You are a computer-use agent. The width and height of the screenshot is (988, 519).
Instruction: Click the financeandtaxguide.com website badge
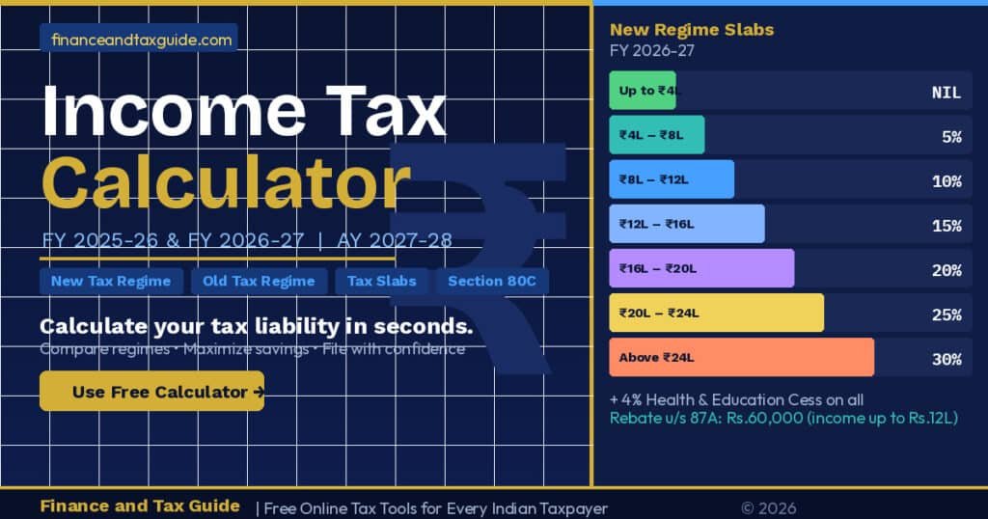point(138,40)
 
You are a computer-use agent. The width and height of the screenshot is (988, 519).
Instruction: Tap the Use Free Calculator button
point(151,392)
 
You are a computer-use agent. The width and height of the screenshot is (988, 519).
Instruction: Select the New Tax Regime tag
point(111,281)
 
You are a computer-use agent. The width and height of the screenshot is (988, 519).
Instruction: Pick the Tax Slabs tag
point(382,281)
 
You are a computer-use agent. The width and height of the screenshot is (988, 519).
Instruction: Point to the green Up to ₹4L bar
point(643,92)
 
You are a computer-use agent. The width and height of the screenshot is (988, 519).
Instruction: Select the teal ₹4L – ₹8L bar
point(656,136)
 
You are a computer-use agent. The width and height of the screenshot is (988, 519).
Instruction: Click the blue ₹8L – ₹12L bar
point(672,180)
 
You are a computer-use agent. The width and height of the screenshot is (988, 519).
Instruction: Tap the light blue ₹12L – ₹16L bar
point(686,225)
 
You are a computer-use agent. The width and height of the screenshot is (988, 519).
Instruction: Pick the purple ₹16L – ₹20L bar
point(701,269)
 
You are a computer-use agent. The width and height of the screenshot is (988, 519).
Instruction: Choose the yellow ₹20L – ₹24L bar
point(716,314)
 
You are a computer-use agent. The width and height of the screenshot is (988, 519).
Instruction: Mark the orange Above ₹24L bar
point(741,358)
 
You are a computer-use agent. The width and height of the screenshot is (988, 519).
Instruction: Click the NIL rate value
point(946,93)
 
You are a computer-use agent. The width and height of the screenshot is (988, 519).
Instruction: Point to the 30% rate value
point(946,359)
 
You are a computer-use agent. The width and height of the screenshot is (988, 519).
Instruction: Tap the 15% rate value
point(946,226)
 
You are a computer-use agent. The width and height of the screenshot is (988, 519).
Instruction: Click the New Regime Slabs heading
point(692,30)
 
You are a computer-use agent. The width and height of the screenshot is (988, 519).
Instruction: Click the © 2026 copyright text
point(768,508)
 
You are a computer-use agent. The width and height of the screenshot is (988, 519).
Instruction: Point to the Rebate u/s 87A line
point(783,418)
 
